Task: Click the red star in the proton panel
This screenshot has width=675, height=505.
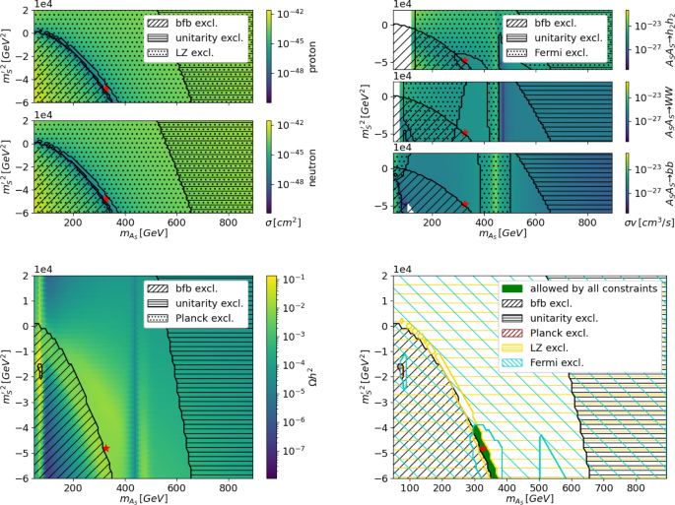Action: [x=106, y=90]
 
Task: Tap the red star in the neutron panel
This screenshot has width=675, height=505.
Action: [x=106, y=200]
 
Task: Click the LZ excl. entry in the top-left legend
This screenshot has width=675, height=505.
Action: [x=208, y=50]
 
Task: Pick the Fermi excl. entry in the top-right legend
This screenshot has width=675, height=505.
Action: [x=566, y=50]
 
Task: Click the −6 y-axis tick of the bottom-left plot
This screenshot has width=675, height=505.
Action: [x=27, y=478]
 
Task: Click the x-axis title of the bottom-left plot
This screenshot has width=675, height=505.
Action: [x=143, y=499]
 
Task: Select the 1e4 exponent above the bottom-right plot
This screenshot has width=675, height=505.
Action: [x=402, y=268]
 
